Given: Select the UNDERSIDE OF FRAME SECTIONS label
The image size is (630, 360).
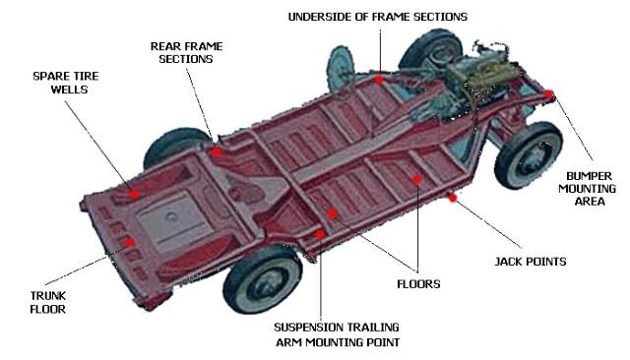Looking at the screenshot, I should point(377,17).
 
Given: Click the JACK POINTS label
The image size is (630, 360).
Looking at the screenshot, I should point(529,263).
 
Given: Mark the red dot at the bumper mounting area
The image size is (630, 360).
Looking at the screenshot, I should point(549,94).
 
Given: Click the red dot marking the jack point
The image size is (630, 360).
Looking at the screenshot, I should point(453,198).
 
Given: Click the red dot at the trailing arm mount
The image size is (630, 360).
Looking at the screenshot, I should point(322,234).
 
